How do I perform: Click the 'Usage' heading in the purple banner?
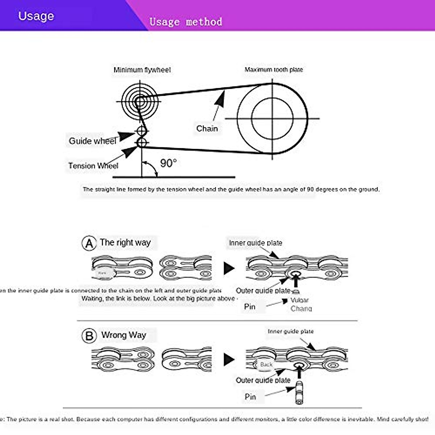tap(36, 16)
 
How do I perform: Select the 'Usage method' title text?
tap(186, 22)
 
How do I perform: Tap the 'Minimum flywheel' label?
tap(142, 70)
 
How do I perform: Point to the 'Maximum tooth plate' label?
tap(274, 70)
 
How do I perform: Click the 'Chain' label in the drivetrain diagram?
tap(207, 129)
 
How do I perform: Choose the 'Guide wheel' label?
tap(92, 141)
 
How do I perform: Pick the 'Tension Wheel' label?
tap(93, 166)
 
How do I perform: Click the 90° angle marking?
tap(168, 163)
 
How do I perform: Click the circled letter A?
tap(89, 243)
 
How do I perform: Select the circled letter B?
tap(89, 336)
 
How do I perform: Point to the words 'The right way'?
tap(125, 243)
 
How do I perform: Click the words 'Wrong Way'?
tap(124, 335)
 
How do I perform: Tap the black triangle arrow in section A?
tap(229, 268)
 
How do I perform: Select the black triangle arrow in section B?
tap(229, 359)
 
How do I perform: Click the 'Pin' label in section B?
tap(250, 397)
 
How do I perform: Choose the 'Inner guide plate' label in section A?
tap(255, 243)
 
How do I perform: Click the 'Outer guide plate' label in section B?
tap(263, 380)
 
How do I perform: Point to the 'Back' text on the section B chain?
tap(266, 365)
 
